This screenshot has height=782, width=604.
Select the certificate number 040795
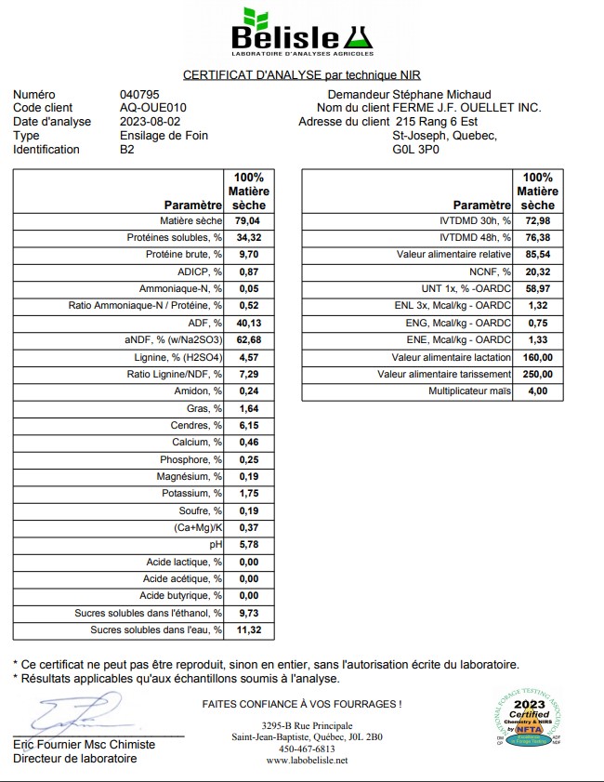pyautogui.click(x=139, y=94)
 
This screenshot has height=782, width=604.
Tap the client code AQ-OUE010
pyautogui.click(x=152, y=108)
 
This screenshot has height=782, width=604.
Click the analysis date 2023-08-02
pyautogui.click(x=150, y=122)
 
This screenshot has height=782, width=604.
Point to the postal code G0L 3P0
pyautogui.click(x=417, y=149)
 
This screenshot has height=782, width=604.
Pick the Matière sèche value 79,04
pyautogui.click(x=246, y=221)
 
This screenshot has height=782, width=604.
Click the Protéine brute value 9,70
pyautogui.click(x=246, y=255)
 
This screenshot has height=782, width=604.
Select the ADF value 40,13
pyautogui.click(x=246, y=323)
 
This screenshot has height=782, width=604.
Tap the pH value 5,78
pyautogui.click(x=246, y=544)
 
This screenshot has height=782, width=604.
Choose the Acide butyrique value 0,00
pyautogui.click(x=246, y=595)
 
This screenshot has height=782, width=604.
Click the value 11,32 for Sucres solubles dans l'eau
pyautogui.click(x=246, y=630)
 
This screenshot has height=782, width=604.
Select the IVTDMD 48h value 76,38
pyautogui.click(x=537, y=238)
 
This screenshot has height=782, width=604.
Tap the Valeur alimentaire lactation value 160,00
pyautogui.click(x=537, y=357)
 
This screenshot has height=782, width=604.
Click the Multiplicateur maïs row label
pyautogui.click(x=469, y=391)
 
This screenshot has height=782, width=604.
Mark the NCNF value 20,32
pyautogui.click(x=537, y=272)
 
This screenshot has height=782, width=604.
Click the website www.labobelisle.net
pyautogui.click(x=307, y=761)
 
